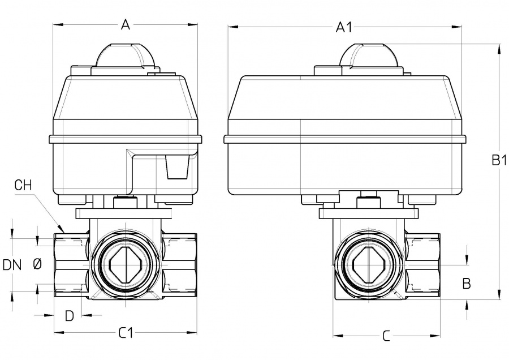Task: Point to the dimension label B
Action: [467, 283]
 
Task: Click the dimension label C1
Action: [126, 333]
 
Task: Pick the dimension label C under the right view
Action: [386, 336]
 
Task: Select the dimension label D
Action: [69, 316]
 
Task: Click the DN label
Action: [12, 264]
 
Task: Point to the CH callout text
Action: [23, 185]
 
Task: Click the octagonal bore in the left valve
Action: [126, 264]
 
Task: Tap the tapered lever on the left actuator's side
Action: [176, 167]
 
